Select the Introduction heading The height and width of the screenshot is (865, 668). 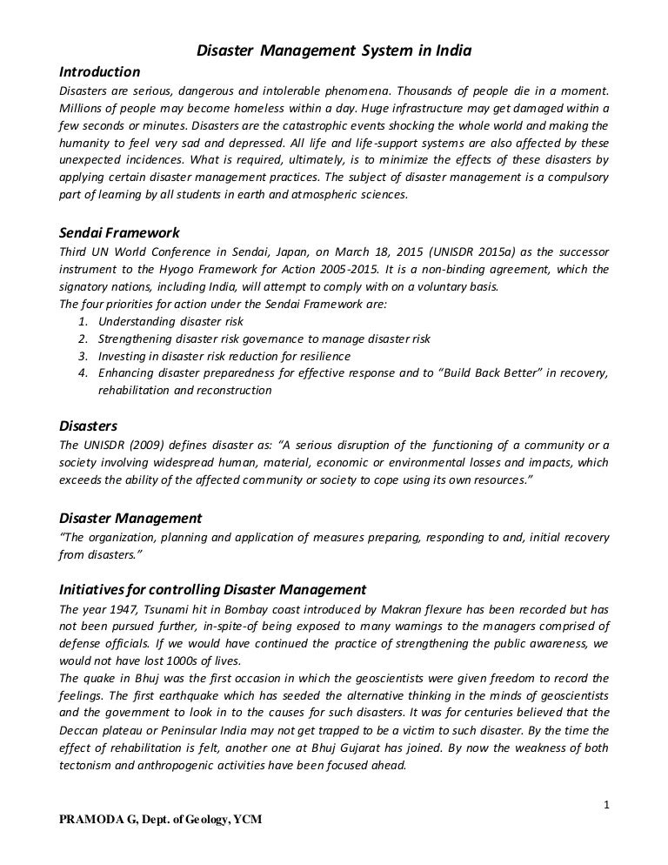coord(98,70)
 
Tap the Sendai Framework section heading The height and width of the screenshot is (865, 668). coord(117,232)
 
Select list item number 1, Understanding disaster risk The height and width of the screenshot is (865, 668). coord(170,321)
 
